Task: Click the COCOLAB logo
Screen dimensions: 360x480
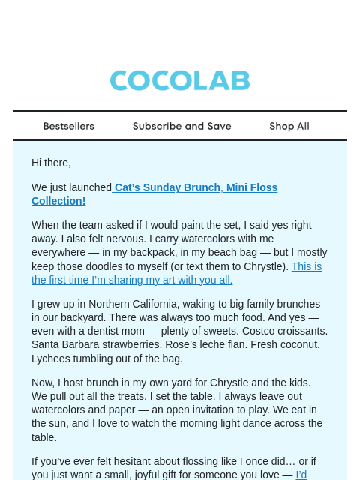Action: pos(180,81)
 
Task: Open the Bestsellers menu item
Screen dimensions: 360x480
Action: pos(69,126)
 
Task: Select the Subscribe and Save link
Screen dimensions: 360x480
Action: pos(181,126)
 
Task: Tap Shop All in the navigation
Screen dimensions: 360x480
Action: pos(289,126)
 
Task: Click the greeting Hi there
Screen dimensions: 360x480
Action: pos(51,163)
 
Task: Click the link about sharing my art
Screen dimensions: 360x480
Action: pos(176,273)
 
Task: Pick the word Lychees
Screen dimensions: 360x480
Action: pos(50,358)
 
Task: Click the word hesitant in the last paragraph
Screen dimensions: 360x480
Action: pos(121,461)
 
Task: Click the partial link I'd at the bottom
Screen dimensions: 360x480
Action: pos(301,475)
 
